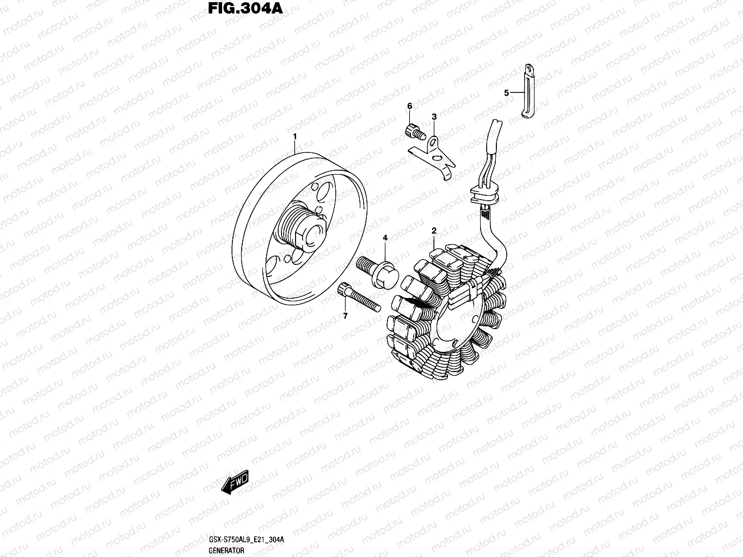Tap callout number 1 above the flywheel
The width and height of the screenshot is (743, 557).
(294, 135)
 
